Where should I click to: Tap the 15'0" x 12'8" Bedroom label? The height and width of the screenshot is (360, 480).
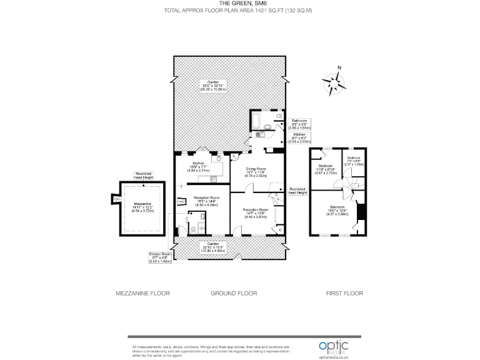pyautogui.click(x=337, y=209)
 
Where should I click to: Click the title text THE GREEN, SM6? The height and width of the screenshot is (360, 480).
pyautogui.click(x=240, y=4)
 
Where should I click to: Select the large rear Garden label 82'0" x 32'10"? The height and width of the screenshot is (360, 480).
pyautogui.click(x=212, y=86)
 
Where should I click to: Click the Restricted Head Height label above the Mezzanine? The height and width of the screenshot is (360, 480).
pyautogui.click(x=143, y=176)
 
